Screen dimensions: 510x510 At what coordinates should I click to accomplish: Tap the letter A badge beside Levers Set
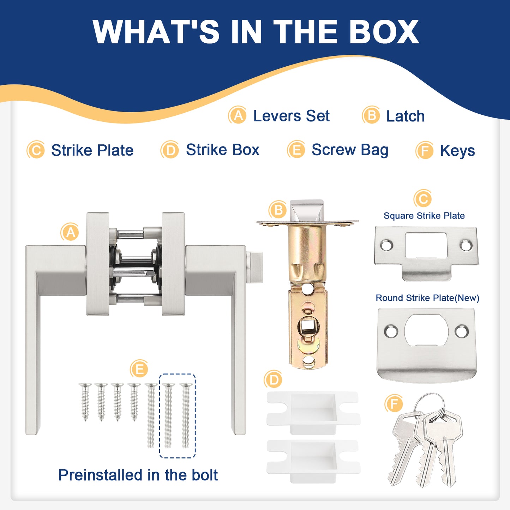click(x=238, y=115)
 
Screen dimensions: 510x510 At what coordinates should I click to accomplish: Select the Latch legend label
click(x=406, y=116)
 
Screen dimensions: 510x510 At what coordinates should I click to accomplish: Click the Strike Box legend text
click(x=223, y=150)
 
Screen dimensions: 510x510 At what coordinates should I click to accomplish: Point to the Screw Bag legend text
click(x=350, y=150)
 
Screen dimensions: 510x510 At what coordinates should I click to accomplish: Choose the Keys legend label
click(x=457, y=151)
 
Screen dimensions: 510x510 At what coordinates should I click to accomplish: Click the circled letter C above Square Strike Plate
click(x=423, y=198)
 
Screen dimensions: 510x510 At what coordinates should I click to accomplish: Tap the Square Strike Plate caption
click(x=424, y=216)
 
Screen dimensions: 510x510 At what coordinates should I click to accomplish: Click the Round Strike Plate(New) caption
click(x=427, y=298)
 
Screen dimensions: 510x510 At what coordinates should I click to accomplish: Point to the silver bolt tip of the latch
click(x=307, y=210)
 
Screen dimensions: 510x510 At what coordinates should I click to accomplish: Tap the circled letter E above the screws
click(x=139, y=368)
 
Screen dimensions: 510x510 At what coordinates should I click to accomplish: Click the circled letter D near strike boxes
click(x=273, y=379)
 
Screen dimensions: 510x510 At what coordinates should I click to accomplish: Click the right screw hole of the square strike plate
click(x=466, y=245)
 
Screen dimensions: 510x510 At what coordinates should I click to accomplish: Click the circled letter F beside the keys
click(x=394, y=403)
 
